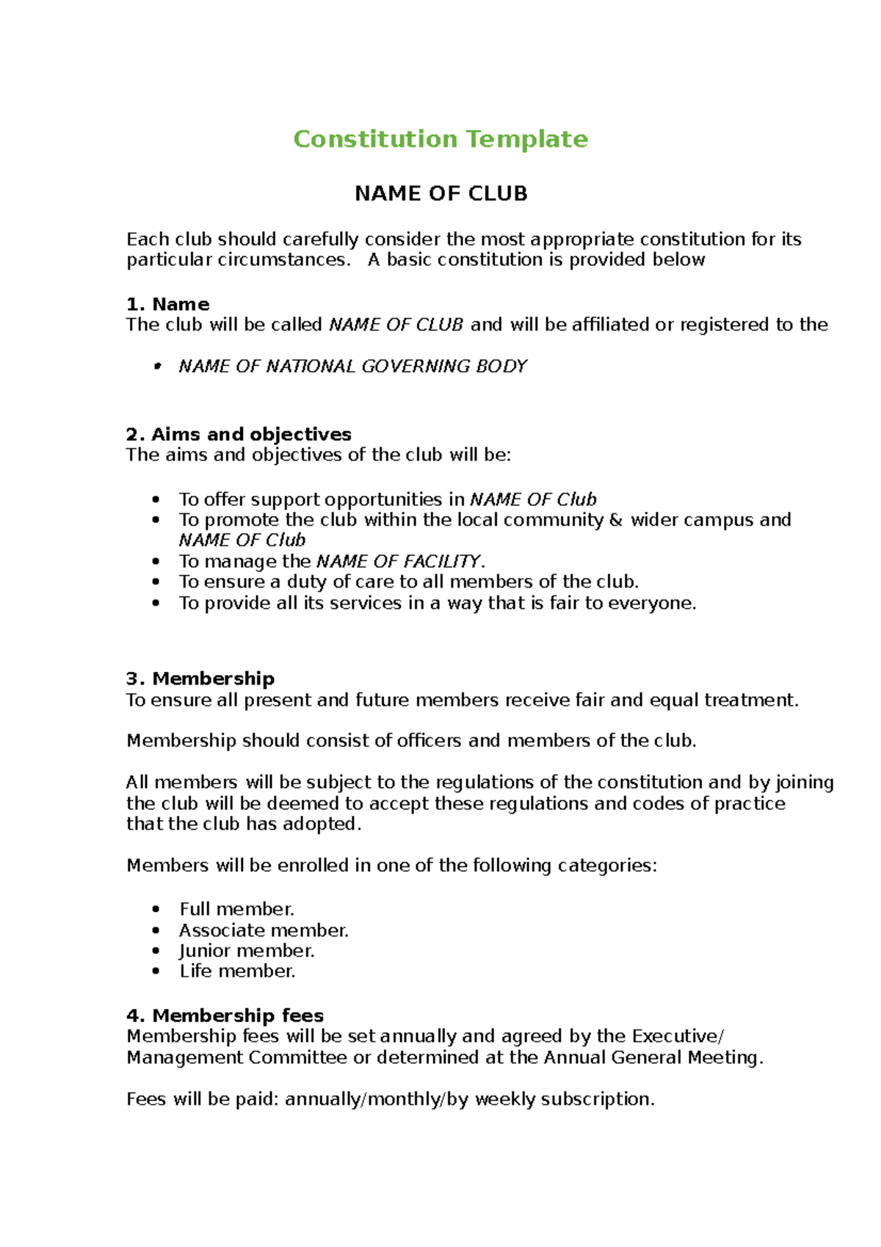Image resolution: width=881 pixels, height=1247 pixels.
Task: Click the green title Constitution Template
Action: [440, 139]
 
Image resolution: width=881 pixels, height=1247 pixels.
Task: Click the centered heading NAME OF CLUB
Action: [440, 194]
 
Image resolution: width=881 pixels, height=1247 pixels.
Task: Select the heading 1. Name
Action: [167, 304]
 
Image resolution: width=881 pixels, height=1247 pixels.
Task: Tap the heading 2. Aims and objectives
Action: [239, 434]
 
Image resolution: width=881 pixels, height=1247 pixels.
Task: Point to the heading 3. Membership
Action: [200, 678]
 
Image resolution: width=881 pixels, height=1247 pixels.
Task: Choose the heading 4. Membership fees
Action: [225, 1015]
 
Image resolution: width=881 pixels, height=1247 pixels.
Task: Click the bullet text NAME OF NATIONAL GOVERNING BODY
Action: [352, 366]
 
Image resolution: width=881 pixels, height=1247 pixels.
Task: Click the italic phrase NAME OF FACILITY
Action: [399, 561]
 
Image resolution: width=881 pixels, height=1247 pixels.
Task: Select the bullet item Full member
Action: [236, 909]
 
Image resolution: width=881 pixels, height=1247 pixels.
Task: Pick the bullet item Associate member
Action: [264, 930]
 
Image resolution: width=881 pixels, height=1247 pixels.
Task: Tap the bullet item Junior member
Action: [247, 950]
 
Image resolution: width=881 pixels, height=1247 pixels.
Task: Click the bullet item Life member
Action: [237, 971]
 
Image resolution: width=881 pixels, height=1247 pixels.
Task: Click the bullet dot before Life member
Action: [156, 971]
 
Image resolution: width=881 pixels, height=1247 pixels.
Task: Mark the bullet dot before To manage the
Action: [156, 561]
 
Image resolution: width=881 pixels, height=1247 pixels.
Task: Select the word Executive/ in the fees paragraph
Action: [678, 1036]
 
